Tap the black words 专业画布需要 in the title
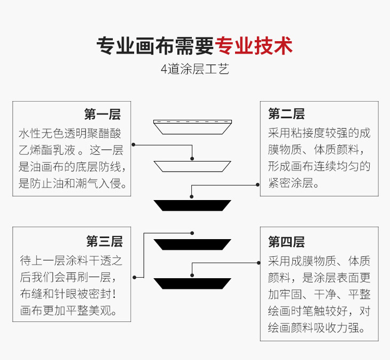[x=155, y=45]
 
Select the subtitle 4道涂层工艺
[x=194, y=70]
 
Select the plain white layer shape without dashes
[x=192, y=166]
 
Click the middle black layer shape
[x=192, y=244]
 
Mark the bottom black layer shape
[x=192, y=284]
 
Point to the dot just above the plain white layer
[x=192, y=157]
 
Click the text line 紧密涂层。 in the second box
[x=294, y=183]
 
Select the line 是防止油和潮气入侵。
[x=73, y=183]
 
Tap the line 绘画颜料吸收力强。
[x=313, y=327]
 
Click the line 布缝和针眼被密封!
[x=72, y=294]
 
